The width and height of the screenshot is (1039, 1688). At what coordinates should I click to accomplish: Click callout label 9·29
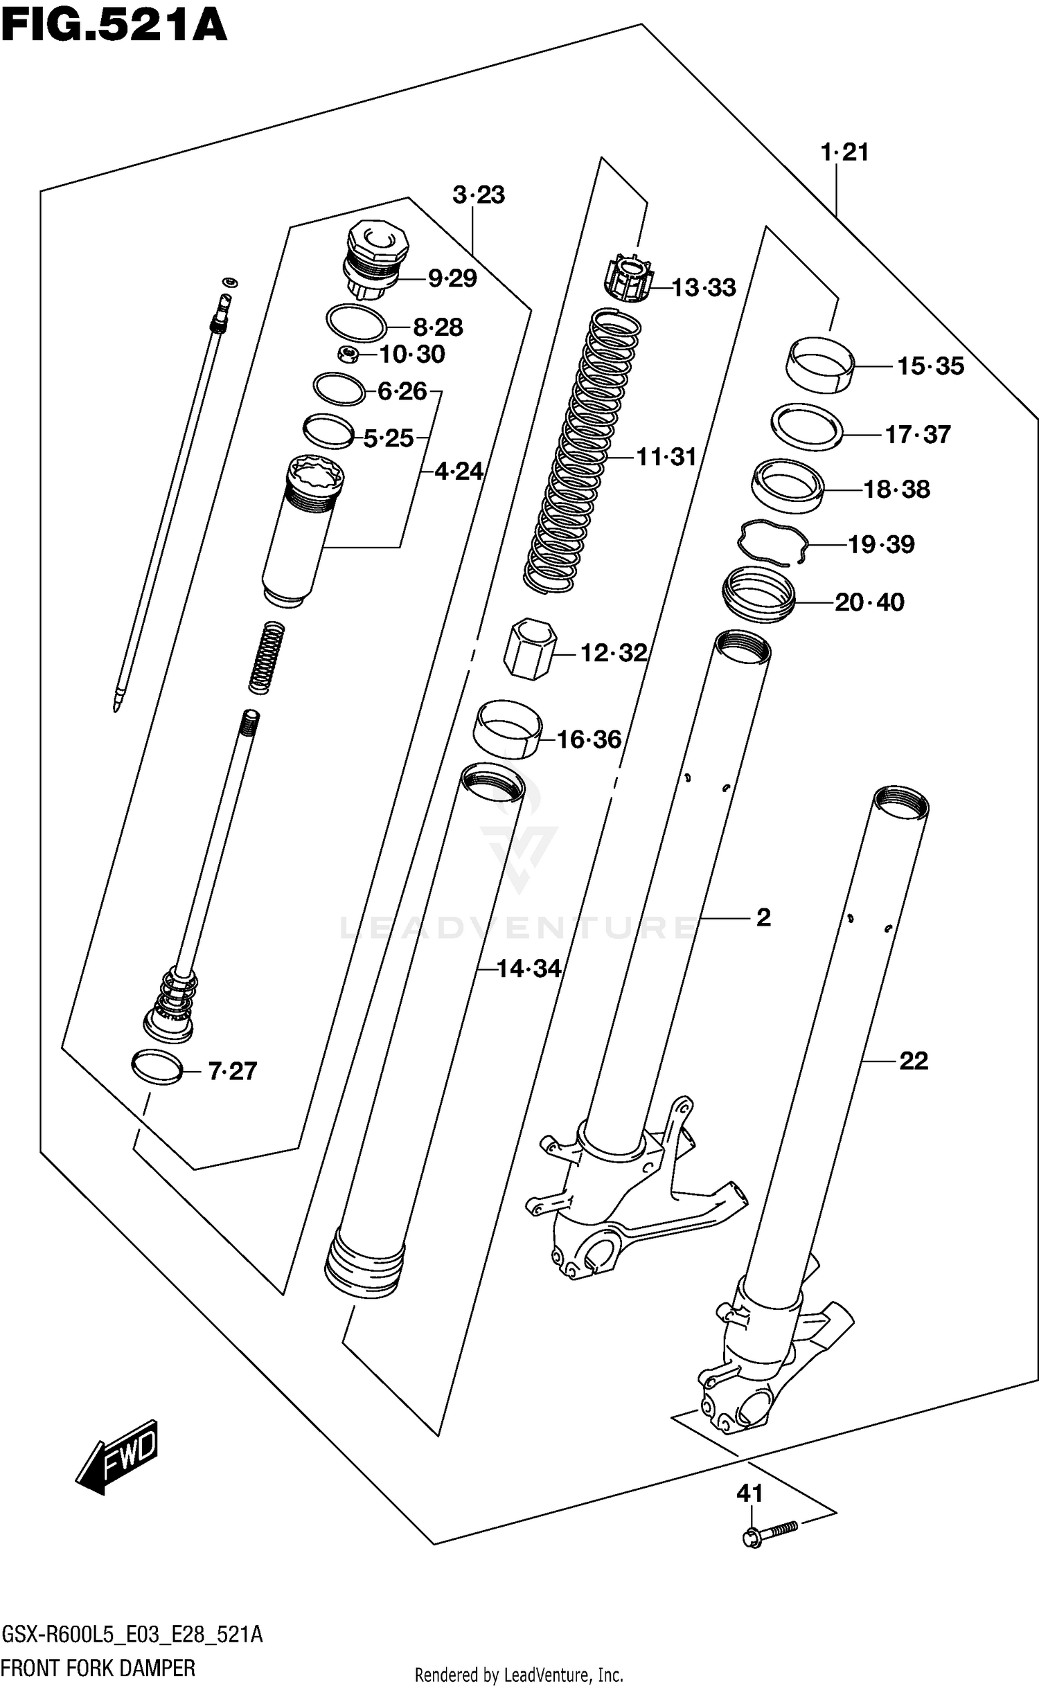pyautogui.click(x=452, y=278)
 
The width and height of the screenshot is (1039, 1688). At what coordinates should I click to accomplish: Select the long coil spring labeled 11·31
pyautogui.click(x=582, y=450)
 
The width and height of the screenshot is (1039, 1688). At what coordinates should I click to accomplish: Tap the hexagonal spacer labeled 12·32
pyautogui.click(x=530, y=649)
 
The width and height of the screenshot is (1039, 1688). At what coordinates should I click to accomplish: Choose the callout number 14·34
pyautogui.click(x=529, y=968)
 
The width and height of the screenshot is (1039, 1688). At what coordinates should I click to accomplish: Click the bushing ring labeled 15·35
pyautogui.click(x=820, y=364)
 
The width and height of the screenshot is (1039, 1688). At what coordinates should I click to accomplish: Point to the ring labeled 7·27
pyautogui.click(x=157, y=1067)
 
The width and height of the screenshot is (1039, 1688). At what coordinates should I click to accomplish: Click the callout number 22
pyautogui.click(x=913, y=1060)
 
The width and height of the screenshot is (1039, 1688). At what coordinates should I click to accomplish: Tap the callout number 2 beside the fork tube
pyautogui.click(x=763, y=917)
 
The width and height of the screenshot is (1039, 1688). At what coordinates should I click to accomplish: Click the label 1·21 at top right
pyautogui.click(x=844, y=152)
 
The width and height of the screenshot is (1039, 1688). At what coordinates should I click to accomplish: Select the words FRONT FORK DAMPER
pyautogui.click(x=98, y=1668)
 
